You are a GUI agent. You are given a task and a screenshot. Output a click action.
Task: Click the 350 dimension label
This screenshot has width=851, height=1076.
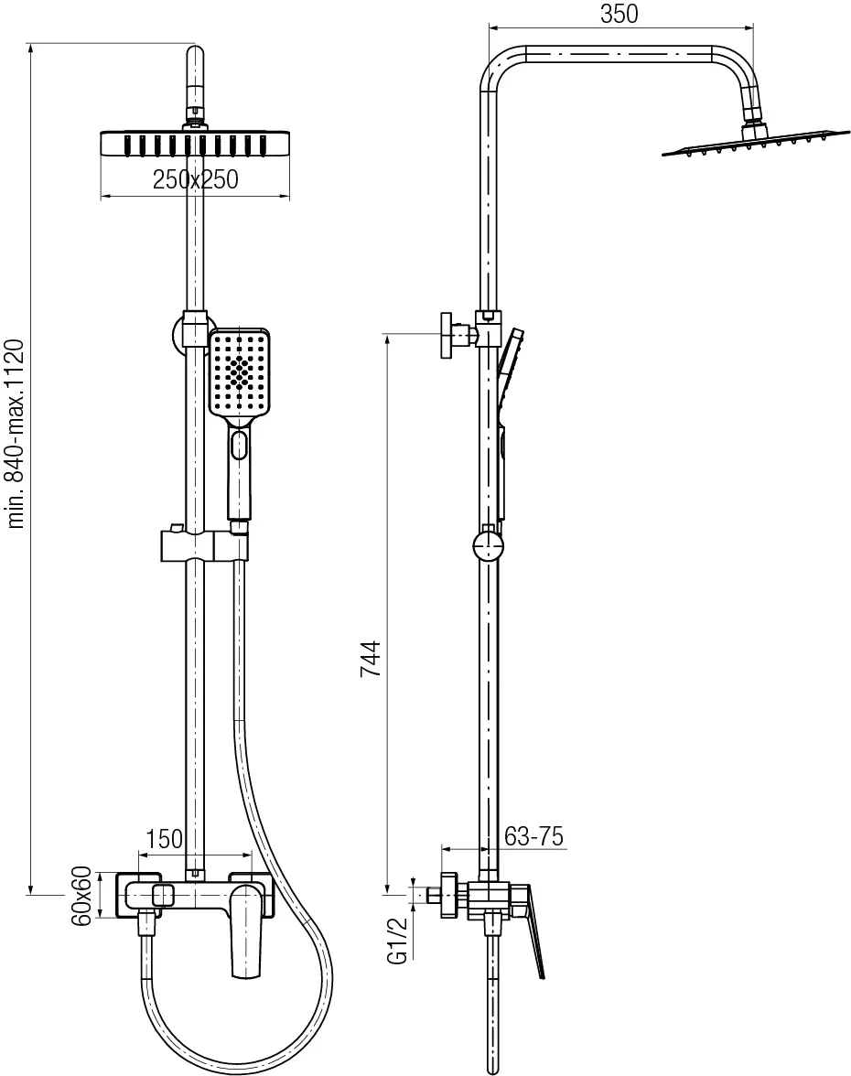[619, 14]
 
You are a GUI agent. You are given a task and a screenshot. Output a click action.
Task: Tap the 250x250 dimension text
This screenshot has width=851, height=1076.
[196, 179]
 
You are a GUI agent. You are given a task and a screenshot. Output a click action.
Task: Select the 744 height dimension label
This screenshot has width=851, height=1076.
[371, 659]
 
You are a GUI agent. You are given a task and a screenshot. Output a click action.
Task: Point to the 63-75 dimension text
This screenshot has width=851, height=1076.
[533, 836]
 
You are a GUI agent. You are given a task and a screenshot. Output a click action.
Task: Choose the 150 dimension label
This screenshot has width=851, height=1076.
[165, 838]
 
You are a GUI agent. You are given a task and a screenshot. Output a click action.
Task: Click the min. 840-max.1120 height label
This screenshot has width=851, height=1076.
[16, 433]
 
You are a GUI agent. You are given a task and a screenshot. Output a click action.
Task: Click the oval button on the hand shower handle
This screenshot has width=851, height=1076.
[240, 446]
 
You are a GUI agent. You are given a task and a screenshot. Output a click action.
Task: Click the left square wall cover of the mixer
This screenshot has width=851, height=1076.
[139, 896]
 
